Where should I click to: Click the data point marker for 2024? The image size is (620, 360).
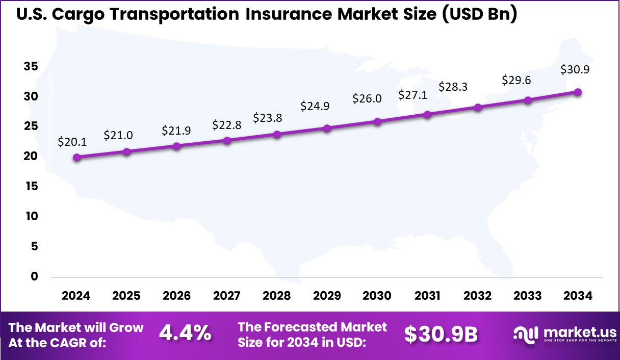[76, 158]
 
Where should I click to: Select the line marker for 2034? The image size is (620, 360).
[578, 92]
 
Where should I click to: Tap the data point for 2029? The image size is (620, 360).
[327, 128]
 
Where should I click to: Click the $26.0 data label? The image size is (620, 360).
[367, 98]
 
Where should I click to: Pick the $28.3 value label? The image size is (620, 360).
[454, 86]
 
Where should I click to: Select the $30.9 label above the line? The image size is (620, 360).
[575, 69]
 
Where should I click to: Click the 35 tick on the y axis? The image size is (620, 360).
[31, 66]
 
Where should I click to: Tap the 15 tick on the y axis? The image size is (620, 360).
[31, 187]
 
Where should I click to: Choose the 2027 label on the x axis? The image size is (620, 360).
[226, 296]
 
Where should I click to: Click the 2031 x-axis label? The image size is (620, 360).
[427, 296]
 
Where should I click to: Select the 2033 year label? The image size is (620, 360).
[528, 296]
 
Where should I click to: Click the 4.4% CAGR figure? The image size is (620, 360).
[185, 334]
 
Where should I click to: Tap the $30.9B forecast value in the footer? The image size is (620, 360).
[441, 335]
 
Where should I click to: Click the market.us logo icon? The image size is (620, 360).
[525, 335]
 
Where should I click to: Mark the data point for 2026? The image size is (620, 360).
[177, 146]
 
